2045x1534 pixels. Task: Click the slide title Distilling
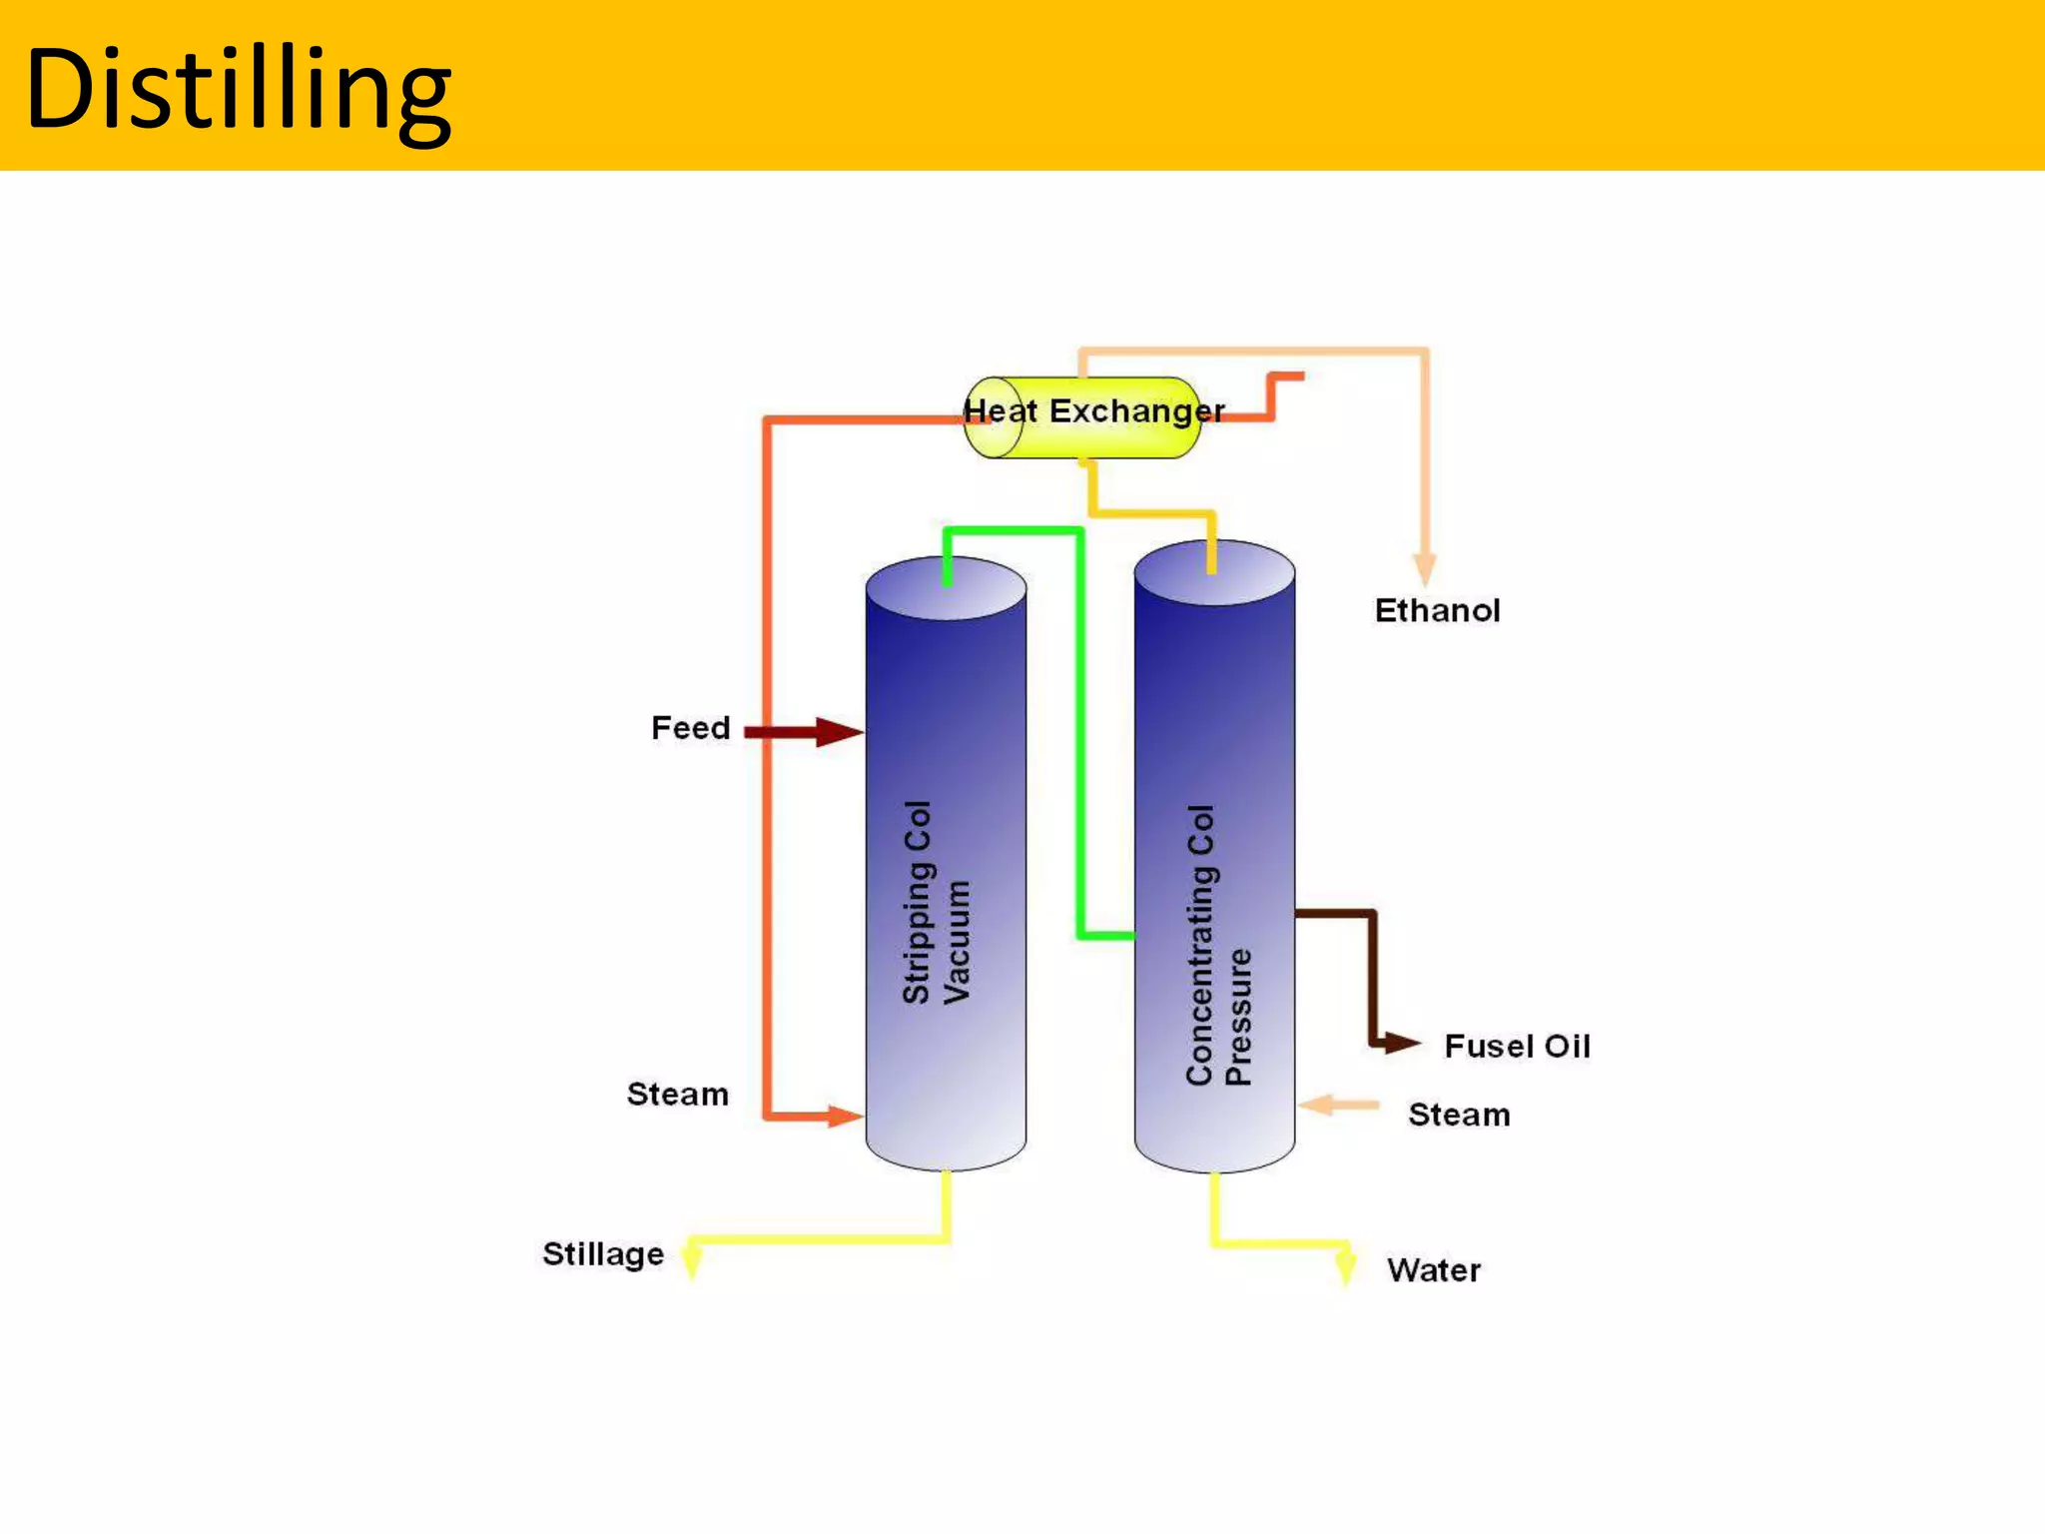(238, 90)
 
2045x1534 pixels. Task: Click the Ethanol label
(1437, 610)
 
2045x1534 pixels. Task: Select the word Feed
(690, 728)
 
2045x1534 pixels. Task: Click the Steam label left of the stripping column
(677, 1095)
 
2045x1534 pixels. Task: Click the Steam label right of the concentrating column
(1458, 1115)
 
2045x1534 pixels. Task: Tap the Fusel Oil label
(1516, 1047)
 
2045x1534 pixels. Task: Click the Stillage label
(602, 1254)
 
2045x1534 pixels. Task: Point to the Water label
(1433, 1270)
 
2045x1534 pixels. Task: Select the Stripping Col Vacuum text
(936, 901)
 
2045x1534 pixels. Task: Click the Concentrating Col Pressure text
(1217, 945)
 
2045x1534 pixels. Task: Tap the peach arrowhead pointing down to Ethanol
(1425, 569)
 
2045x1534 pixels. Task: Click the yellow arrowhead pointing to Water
(1345, 1266)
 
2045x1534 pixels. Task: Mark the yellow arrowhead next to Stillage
(691, 1260)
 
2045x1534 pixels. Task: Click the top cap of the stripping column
(946, 588)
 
